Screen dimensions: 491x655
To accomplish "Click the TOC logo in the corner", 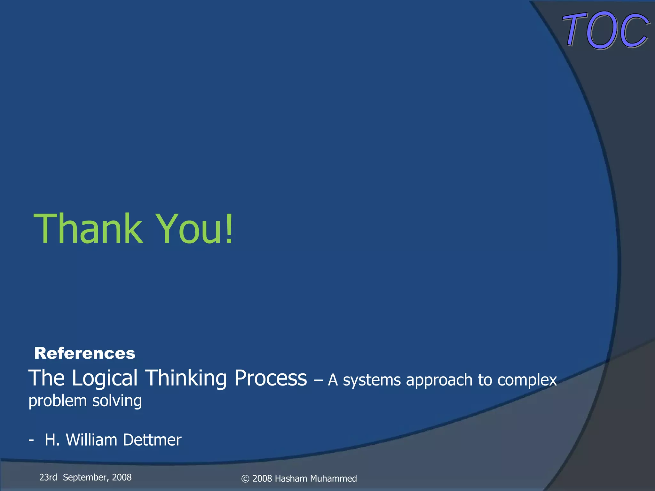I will click(x=605, y=30).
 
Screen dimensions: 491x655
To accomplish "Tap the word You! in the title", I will click(x=195, y=229).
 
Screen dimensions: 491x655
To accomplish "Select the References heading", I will click(x=85, y=353).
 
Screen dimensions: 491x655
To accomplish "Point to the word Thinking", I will click(x=186, y=378).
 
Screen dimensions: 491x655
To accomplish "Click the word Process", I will click(x=271, y=378).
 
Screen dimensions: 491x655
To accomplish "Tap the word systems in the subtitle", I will click(x=372, y=380).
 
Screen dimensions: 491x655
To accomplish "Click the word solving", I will click(x=117, y=401).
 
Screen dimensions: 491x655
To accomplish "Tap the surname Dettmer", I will click(x=152, y=440).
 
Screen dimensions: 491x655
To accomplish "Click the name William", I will click(x=91, y=440).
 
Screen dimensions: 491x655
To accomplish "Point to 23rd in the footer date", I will click(x=48, y=477).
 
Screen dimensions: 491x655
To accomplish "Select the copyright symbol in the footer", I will click(x=245, y=479).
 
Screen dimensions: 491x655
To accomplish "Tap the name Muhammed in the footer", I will click(x=333, y=479).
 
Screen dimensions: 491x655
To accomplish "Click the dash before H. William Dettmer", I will click(x=31, y=440).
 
